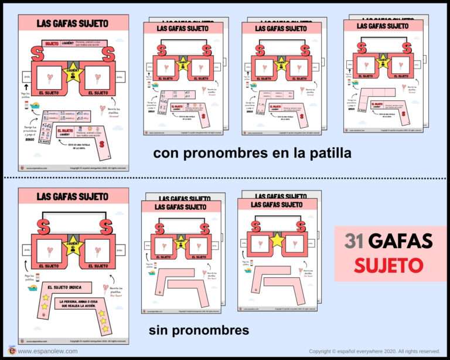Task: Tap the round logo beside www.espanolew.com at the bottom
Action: [11, 351]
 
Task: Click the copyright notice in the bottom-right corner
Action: [374, 351]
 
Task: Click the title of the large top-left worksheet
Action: [73, 23]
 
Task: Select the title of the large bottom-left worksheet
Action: [73, 196]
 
